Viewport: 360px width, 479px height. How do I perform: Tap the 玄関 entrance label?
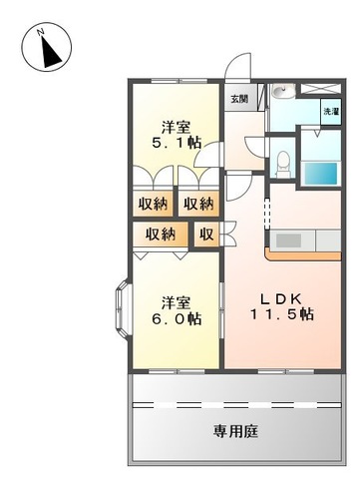[239, 99]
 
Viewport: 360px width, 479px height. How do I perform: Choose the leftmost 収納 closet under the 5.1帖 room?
[154, 204]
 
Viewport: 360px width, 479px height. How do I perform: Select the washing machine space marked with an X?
[331, 92]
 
